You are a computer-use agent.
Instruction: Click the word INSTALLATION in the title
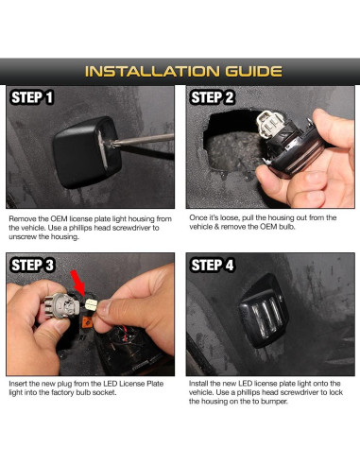point(152,72)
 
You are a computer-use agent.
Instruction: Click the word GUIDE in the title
point(253,72)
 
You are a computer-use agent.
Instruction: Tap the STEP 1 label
point(32,97)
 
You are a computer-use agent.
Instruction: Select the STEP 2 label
point(213,97)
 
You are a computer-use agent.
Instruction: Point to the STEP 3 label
point(32,265)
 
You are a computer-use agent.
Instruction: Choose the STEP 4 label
point(213,265)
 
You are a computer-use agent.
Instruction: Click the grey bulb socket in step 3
point(62,306)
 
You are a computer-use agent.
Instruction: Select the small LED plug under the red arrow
point(92,304)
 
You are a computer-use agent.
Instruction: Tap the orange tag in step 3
point(87,322)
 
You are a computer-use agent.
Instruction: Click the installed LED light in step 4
point(264,310)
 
